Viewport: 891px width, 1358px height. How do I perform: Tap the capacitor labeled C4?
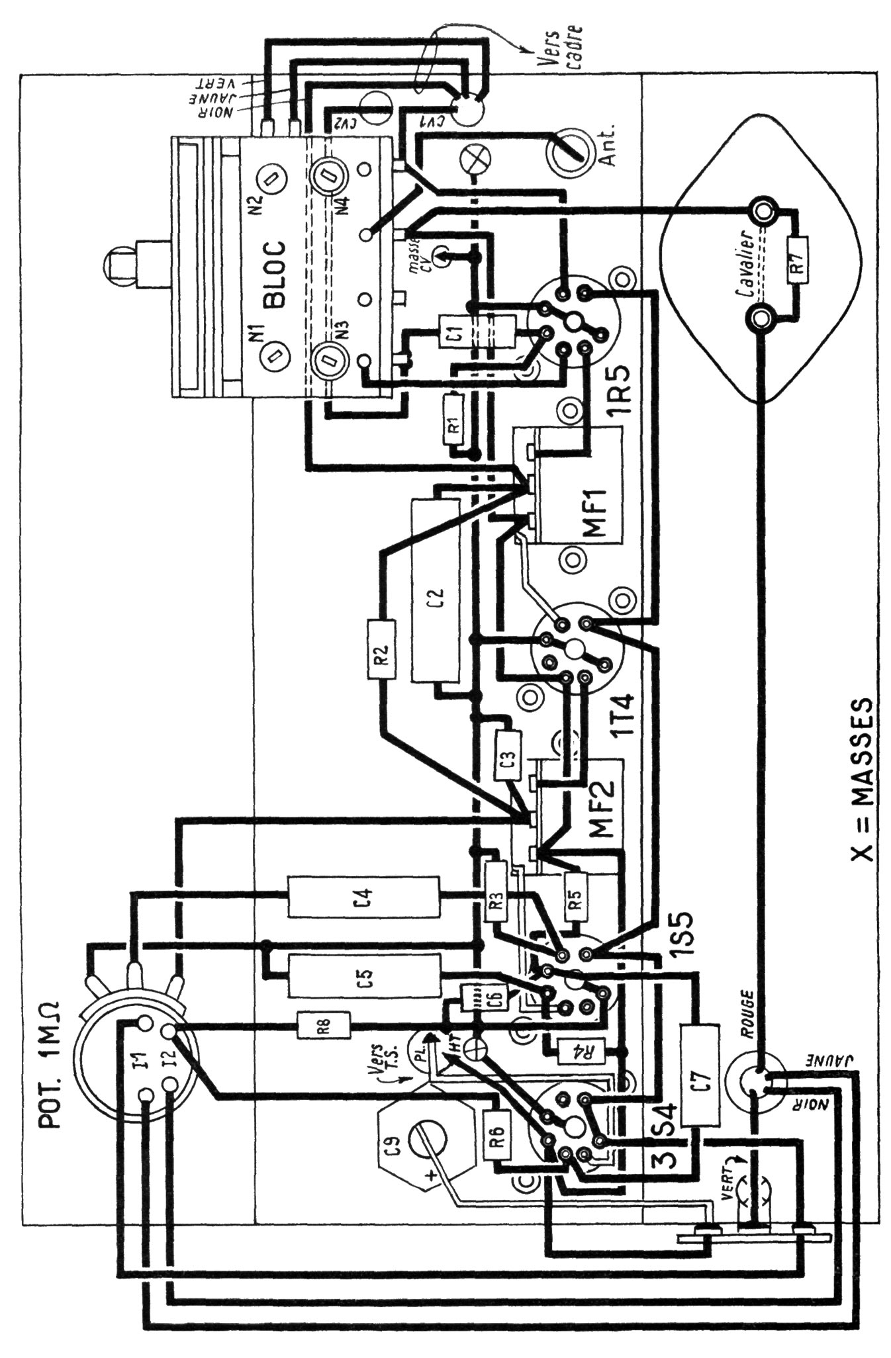363,897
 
